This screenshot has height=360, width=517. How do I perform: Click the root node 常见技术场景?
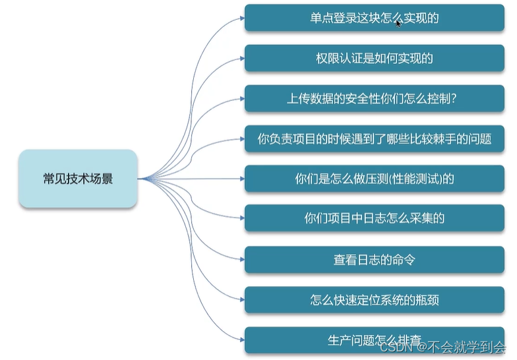point(78,179)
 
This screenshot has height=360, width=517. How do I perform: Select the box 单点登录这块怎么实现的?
point(374,18)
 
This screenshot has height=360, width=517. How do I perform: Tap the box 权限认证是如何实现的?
point(374,59)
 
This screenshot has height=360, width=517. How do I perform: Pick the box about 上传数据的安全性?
point(374,99)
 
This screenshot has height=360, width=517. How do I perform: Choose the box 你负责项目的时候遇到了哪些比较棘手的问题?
point(374,139)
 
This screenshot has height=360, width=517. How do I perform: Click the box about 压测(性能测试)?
point(374,179)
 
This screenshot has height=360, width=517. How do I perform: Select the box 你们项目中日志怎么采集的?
point(374,218)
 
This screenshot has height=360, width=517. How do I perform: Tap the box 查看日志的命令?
point(374,259)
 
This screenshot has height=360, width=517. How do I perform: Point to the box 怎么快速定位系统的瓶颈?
point(374,300)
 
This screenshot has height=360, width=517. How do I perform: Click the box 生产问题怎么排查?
point(374,340)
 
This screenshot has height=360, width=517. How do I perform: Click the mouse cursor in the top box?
point(398,23)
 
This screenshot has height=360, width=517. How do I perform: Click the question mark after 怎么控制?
point(455,99)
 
